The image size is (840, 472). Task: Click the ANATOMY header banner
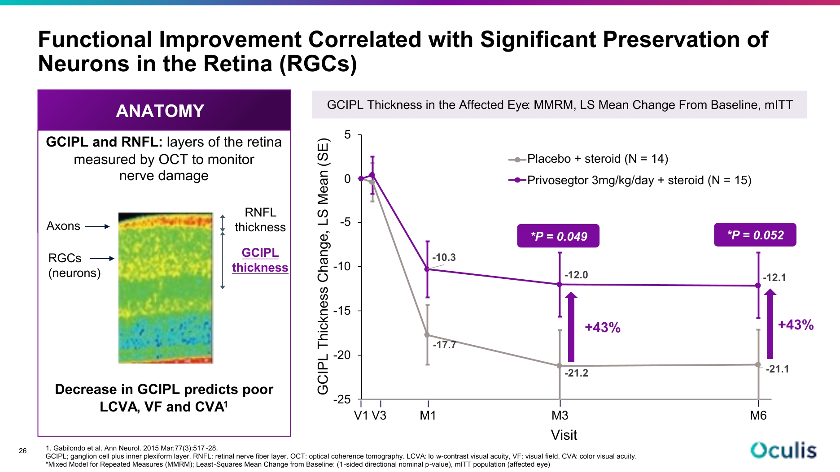coord(164,110)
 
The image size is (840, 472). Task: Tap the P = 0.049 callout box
coord(558,236)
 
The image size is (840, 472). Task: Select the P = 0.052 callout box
coord(755,235)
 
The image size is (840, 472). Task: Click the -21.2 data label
coord(576,373)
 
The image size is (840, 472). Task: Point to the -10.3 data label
coord(444,257)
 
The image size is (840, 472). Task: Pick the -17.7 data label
coord(444,345)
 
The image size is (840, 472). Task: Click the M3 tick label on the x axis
coord(560,416)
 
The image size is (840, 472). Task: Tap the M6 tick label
coord(758,416)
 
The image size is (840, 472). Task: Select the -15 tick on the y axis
coord(342,311)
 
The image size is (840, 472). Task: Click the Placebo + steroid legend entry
coord(588,159)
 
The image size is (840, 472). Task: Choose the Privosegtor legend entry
coord(630,180)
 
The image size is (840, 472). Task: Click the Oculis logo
coord(783,450)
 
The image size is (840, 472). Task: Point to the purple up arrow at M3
coord(571,327)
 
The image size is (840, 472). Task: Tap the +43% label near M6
coord(796,325)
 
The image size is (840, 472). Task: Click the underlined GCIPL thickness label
coord(260,260)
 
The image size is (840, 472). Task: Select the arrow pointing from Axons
coord(97,227)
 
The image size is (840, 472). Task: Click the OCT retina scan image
coord(166,288)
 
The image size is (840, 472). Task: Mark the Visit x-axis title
coord(564,435)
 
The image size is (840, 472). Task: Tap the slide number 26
coord(23,451)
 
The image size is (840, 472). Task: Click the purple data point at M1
coord(428,269)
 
